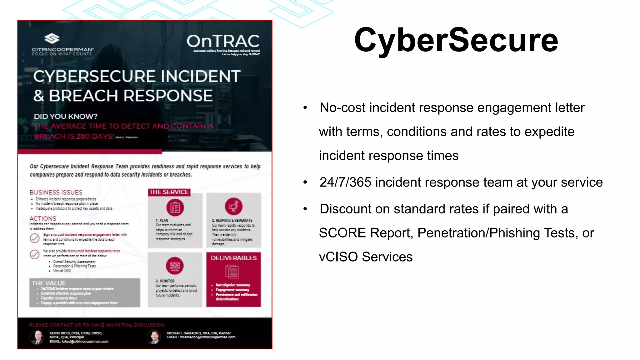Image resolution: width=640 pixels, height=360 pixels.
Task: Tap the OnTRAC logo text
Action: [223, 41]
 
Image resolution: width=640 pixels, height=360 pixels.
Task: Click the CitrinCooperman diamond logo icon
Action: [52, 38]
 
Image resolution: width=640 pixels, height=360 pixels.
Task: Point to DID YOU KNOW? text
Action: [66, 116]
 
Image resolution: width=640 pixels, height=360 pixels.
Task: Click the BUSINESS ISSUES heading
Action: [56, 192]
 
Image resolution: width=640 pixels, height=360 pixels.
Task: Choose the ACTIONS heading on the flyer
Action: [43, 218]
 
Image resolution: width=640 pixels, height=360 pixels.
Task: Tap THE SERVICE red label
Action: [169, 192]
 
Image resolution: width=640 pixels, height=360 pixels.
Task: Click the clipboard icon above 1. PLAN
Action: [175, 207]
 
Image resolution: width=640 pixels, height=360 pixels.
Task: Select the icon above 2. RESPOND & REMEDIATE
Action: [233, 206]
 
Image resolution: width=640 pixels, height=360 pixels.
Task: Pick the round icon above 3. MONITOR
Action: [175, 266]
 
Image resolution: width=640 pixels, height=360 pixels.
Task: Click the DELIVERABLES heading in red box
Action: [233, 258]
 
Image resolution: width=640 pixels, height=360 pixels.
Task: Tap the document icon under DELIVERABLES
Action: [232, 272]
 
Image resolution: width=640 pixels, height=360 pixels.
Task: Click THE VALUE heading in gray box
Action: [49, 283]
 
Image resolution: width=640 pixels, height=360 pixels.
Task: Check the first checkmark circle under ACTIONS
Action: [35, 238]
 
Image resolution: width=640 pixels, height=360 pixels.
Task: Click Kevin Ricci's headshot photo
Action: [37, 337]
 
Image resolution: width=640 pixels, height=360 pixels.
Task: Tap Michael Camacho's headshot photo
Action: [154, 337]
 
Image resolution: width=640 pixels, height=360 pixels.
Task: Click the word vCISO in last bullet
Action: [338, 257]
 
